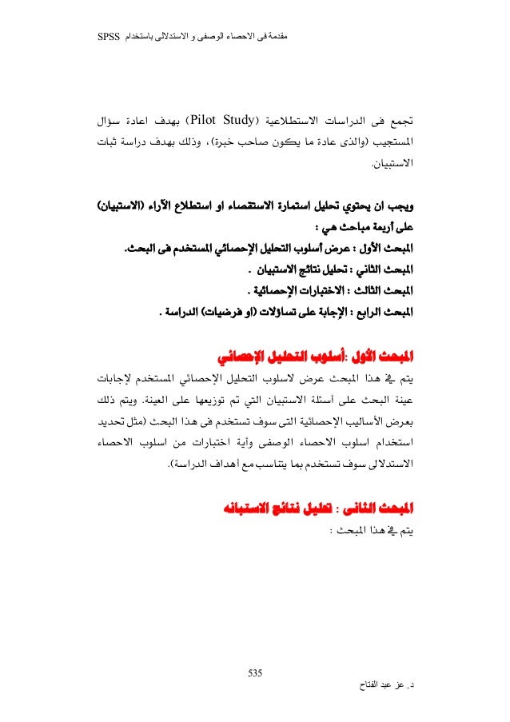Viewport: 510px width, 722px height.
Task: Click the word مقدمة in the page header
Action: [x=274, y=36]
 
